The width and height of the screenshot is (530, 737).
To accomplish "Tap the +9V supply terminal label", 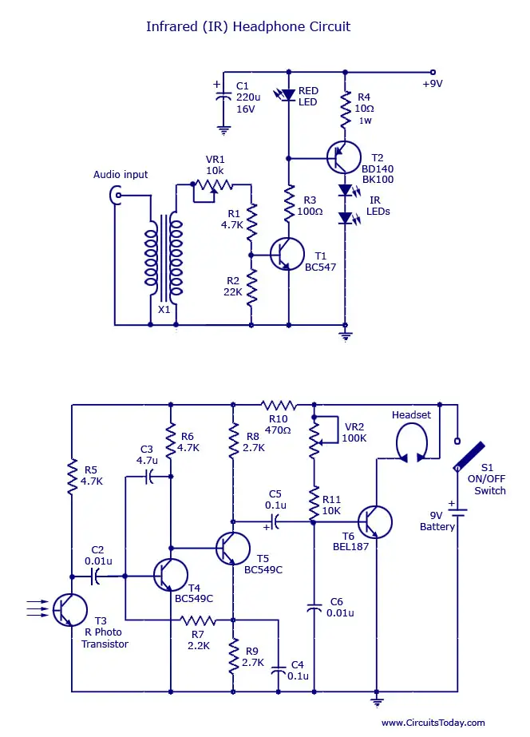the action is click(433, 84).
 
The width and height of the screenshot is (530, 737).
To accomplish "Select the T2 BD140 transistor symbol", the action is click(344, 157).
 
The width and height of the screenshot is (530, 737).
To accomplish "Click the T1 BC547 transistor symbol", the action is click(287, 254).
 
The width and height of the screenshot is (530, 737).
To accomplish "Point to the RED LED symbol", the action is click(286, 95).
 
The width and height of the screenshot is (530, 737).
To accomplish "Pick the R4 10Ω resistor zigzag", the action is click(346, 109).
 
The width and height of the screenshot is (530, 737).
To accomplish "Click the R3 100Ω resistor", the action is click(289, 204).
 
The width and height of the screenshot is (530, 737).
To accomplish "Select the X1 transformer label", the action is click(164, 310).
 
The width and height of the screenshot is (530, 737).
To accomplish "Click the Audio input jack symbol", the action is click(115, 195).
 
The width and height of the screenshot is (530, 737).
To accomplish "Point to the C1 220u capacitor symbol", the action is click(223, 97).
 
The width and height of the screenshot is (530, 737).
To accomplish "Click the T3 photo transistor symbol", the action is click(69, 609).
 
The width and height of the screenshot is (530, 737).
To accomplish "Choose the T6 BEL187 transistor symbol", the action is click(374, 521).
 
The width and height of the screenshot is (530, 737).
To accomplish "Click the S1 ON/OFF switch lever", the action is click(469, 456).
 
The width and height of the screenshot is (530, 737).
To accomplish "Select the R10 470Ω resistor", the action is click(279, 405).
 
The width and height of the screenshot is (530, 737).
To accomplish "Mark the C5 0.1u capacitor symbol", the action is click(275, 521).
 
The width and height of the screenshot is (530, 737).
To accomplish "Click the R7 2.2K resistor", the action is click(198, 620).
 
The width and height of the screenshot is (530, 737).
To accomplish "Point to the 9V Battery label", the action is click(437, 521).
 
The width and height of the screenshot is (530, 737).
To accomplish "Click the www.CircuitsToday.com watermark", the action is click(433, 723).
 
